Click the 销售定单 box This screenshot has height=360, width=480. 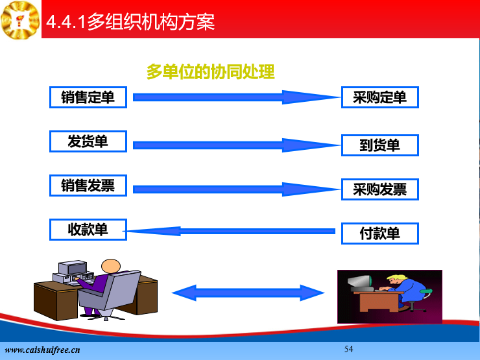coord(88,97)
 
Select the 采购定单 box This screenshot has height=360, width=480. coord(380,97)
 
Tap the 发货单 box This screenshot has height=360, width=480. coord(88,141)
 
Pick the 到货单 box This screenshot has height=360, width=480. coord(380,145)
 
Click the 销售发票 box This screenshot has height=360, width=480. coord(88,186)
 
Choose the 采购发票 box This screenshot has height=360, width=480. coord(380,189)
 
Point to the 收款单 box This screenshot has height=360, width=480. coord(88,230)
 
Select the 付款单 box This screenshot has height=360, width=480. coord(380,234)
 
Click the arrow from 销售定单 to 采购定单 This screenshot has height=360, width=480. coord(236,97)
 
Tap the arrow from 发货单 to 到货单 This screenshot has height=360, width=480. coord(236,145)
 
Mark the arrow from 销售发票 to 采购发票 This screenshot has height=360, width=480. coord(236,189)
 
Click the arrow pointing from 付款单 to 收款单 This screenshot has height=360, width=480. coord(230,231)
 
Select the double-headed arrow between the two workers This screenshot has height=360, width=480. coord(248,293)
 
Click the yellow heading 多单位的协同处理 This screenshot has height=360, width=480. coord(211,72)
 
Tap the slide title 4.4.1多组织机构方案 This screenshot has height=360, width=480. coord(130,22)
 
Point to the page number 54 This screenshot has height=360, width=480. coord(349,349)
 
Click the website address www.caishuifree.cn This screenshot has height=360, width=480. coord(42,350)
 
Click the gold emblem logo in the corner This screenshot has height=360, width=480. coord(20,20)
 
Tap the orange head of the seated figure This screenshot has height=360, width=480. coord(111,266)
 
